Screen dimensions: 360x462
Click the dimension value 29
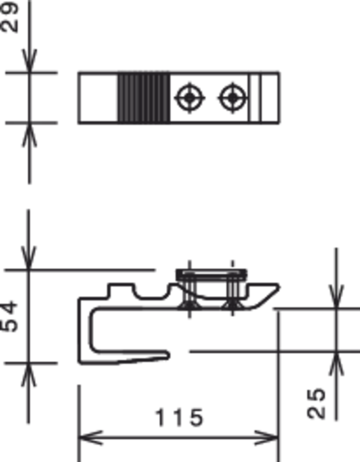pos(10,18)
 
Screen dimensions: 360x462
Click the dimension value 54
pos(10,316)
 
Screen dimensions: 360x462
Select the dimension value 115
pos(179,417)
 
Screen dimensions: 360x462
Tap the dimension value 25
pos(316,404)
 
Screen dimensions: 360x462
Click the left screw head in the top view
pos(190,97)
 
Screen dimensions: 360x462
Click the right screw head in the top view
pos(233,97)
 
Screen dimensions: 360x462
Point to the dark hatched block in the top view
pos(144,97)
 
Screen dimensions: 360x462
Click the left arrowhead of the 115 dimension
pos(90,437)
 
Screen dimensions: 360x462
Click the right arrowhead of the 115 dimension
pos(267,437)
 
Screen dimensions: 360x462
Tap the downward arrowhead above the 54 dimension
pos(29,258)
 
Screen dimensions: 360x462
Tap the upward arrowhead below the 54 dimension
pos(29,375)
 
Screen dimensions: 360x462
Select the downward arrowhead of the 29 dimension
pos(29,61)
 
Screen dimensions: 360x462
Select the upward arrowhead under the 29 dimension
pos(29,134)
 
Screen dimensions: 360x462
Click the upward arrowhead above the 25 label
pos(336,364)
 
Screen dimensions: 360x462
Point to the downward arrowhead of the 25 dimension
pos(336,297)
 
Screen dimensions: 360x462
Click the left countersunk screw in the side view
pos(190,293)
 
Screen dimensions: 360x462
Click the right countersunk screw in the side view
pos(233,293)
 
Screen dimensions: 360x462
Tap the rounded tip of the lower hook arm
pos(168,355)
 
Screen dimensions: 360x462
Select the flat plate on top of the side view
pos(212,275)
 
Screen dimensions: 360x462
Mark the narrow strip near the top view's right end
pos(255,97)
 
